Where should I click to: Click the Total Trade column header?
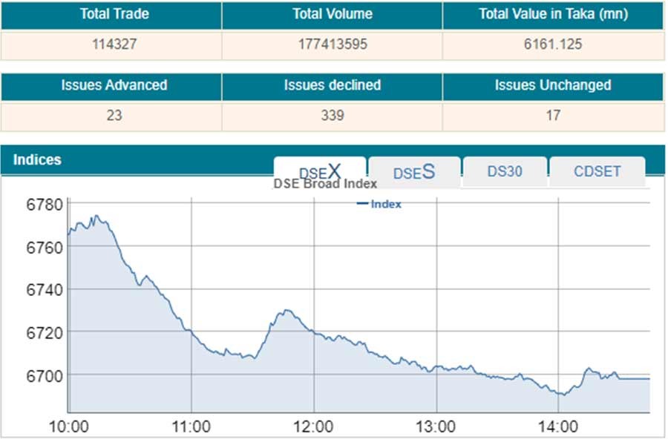pos(111,14)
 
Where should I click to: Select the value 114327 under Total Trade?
pos(111,44)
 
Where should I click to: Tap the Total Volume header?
pos(332,14)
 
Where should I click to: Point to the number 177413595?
pos(332,44)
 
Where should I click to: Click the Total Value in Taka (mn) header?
pos(553,14)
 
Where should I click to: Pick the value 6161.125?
pos(553,44)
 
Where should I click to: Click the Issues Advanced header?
pos(111,85)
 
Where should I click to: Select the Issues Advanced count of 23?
pos(111,116)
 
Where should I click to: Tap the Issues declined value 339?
pos(332,116)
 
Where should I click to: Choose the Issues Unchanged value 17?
pos(553,116)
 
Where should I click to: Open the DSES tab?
pos(413,172)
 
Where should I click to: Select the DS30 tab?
pos(505,171)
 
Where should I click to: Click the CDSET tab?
pos(597,171)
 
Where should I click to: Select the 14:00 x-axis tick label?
pos(557,427)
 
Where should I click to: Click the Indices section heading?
pos(37,159)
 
